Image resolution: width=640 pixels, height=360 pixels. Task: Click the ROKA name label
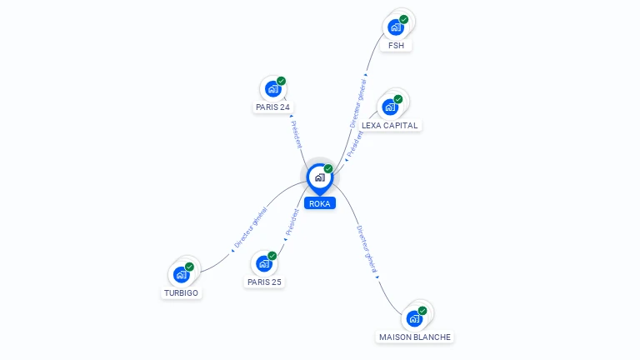319,203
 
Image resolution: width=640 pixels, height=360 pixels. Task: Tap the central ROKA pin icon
319,177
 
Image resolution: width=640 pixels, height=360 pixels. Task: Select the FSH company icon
397,27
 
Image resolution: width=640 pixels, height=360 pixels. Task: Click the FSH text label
397,46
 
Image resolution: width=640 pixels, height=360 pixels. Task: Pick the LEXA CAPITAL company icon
390,107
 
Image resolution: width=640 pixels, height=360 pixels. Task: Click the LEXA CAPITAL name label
390,126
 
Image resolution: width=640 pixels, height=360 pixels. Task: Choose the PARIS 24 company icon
272,88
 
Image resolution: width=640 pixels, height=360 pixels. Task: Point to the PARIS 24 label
272,107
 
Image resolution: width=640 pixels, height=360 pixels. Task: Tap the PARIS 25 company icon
264,263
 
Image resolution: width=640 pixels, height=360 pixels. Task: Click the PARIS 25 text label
264,282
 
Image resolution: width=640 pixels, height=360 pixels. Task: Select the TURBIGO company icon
182,274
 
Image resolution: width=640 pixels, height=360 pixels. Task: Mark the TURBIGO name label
182,293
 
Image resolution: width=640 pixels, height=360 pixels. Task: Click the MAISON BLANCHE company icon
414,318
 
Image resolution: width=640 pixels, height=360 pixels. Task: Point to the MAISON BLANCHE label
415,337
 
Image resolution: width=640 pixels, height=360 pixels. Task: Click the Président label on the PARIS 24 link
297,134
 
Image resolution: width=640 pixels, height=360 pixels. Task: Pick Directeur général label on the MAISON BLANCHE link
367,249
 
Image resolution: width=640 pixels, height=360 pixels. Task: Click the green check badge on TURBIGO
190,267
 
